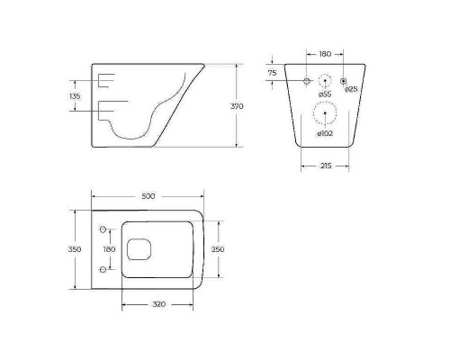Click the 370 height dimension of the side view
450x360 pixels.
click(238, 106)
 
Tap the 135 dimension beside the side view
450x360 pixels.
click(75, 95)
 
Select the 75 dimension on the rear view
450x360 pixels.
click(272, 73)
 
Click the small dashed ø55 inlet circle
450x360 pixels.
click(326, 79)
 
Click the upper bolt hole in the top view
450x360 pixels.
click(104, 227)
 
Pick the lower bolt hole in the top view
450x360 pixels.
click(104, 269)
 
